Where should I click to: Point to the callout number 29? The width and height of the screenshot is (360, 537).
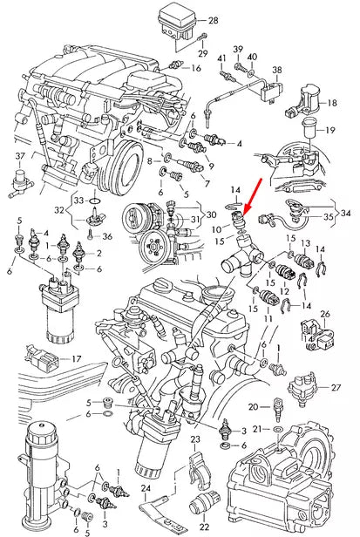click(203, 54)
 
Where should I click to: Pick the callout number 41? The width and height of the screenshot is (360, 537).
click(221, 58)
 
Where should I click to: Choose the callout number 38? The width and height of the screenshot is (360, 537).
click(277, 70)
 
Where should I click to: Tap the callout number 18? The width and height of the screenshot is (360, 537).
click(331, 103)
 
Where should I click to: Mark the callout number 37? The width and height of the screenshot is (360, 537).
click(21, 156)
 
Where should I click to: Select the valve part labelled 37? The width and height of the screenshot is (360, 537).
click(23, 181)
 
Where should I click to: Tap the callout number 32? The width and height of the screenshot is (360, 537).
click(58, 209)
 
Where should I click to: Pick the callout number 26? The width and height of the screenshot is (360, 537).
click(324, 314)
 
